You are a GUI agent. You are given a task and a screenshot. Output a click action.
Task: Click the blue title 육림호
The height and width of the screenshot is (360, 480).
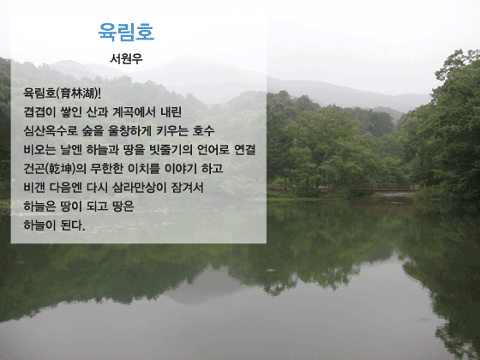pos(126,32)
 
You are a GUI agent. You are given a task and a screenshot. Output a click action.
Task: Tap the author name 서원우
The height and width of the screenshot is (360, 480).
pos(126,58)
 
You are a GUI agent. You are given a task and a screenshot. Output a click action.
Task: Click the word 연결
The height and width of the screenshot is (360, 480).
pos(244,150)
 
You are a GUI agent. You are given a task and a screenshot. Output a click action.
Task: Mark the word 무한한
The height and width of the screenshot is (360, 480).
pos(106,169)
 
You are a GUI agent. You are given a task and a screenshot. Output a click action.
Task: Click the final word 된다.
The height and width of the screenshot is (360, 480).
pos(73,225)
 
